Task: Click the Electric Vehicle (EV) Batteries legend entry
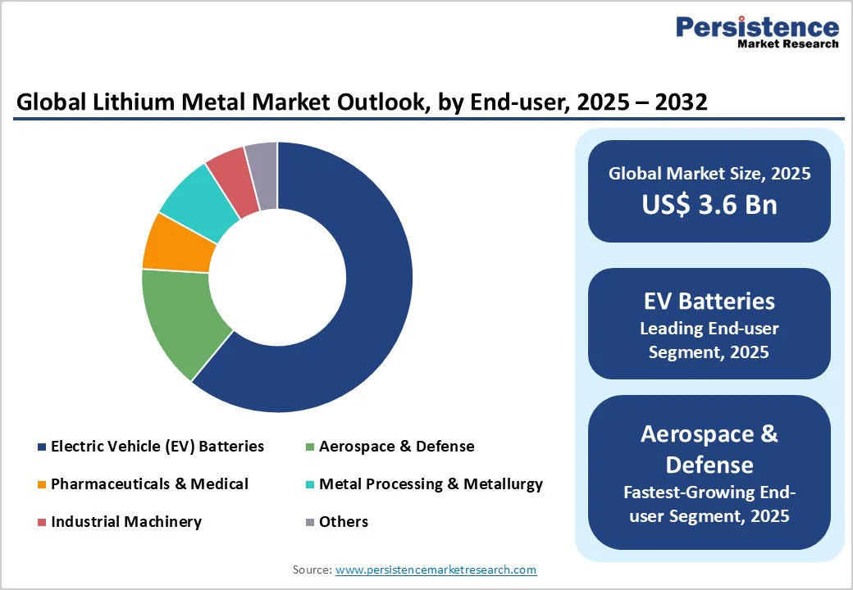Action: [x=157, y=447]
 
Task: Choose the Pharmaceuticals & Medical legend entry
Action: [x=148, y=484]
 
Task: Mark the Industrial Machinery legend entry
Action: [x=125, y=522]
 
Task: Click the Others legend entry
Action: [x=343, y=522]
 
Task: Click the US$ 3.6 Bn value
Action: [x=709, y=204]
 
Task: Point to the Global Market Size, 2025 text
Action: [x=709, y=174]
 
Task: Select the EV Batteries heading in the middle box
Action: [x=709, y=301]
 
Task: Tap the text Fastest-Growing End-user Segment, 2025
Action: [x=709, y=504]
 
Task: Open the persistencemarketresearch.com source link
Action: [x=436, y=570]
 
